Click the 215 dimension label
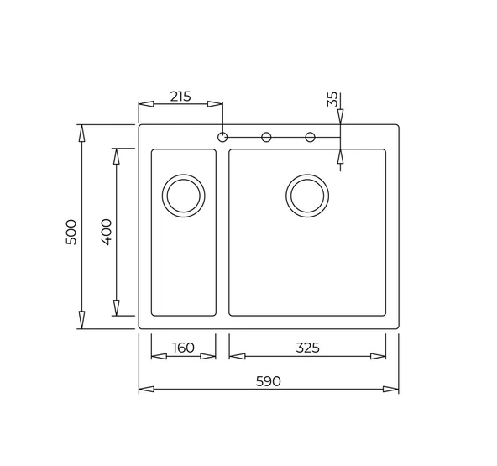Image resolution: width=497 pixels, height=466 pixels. click(x=180, y=96)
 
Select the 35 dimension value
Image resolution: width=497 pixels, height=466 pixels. click(x=332, y=100)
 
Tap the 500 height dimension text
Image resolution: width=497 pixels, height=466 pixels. click(x=71, y=231)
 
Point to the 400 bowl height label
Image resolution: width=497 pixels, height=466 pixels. click(x=107, y=231)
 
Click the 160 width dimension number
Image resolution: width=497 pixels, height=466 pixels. click(x=183, y=348)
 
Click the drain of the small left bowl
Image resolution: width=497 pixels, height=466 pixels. click(x=183, y=196)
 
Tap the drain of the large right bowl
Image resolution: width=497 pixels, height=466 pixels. click(x=307, y=196)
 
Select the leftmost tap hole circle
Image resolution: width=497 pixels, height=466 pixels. click(x=222, y=137)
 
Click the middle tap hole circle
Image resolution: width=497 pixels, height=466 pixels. click(x=266, y=137)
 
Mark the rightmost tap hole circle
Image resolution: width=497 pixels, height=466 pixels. click(x=310, y=137)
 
